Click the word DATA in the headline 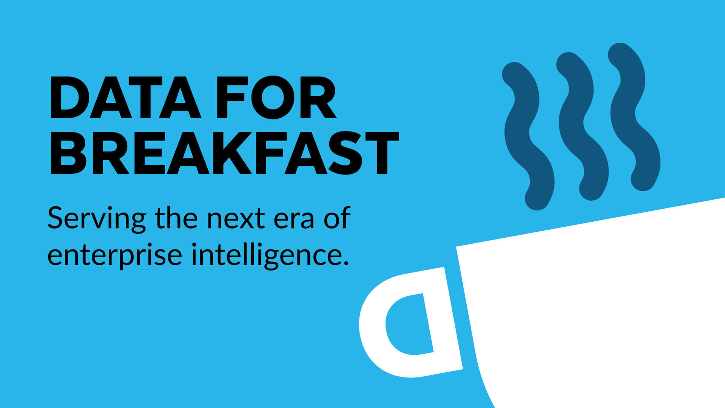point(125,97)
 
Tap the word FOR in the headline point(276,97)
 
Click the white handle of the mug point(374,332)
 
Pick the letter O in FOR point(273,97)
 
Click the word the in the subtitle point(176,218)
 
